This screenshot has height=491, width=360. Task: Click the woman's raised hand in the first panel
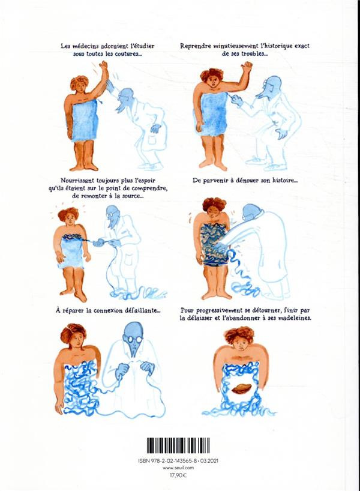pyautogui.click(x=103, y=66)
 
